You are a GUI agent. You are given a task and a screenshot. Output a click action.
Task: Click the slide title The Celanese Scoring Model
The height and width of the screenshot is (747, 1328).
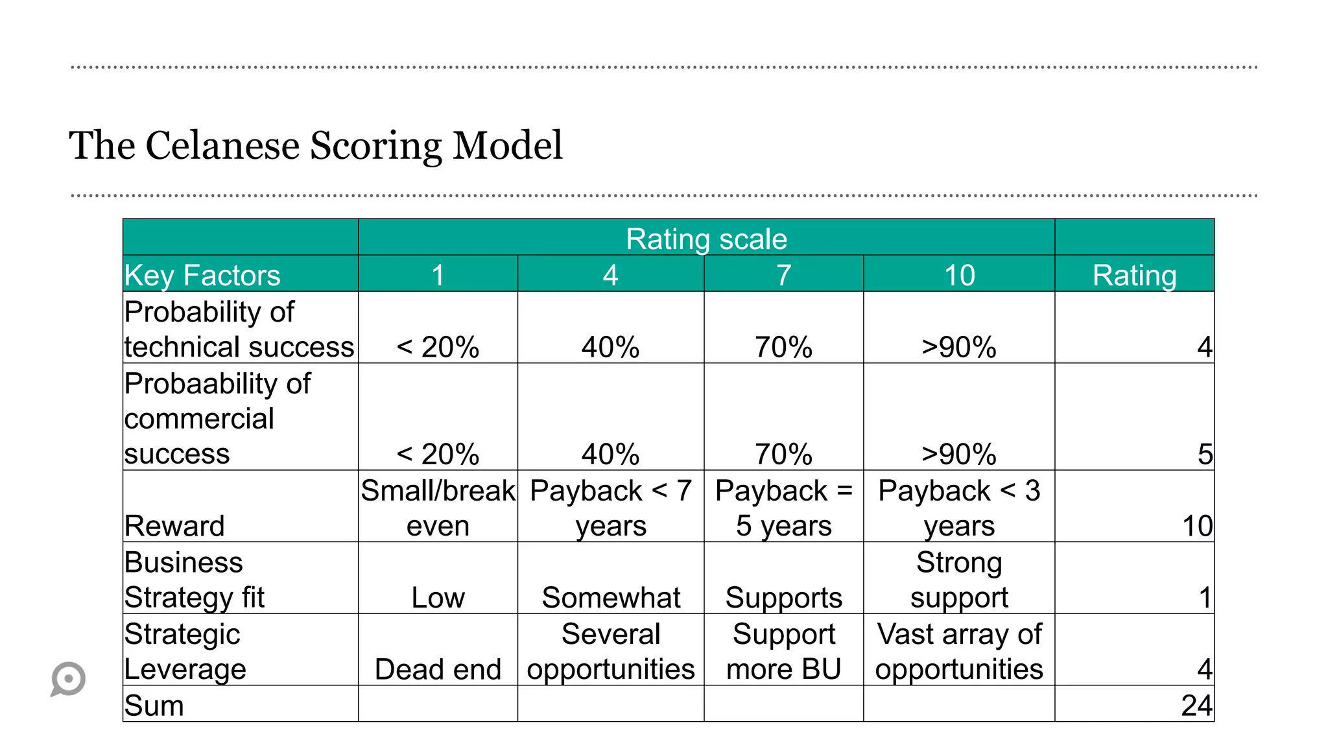(x=316, y=145)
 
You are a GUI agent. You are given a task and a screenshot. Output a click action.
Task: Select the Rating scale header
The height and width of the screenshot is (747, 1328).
(x=706, y=239)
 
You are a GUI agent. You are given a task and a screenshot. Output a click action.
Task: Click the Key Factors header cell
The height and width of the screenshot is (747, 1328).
(x=202, y=275)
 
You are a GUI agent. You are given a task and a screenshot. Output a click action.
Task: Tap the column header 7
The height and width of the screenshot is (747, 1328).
(x=783, y=275)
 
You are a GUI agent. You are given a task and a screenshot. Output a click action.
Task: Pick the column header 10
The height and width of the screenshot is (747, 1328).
(x=959, y=275)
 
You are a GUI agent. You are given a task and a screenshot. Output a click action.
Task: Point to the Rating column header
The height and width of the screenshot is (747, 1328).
(x=1134, y=275)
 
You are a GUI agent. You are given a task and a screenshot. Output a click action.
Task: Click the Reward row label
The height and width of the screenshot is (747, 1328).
(x=174, y=525)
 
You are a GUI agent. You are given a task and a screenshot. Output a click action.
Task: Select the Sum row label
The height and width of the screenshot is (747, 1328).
(x=154, y=705)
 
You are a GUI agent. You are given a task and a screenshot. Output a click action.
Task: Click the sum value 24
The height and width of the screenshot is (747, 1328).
(x=1196, y=705)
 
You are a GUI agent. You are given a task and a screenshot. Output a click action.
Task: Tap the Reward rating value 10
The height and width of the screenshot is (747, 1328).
(x=1197, y=525)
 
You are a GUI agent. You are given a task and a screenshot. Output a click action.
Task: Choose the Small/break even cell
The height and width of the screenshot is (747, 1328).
(x=438, y=508)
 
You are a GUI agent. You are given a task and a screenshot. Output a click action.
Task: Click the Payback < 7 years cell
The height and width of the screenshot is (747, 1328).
(x=611, y=508)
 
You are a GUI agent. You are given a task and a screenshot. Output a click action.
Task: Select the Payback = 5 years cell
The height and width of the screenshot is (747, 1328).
(x=783, y=508)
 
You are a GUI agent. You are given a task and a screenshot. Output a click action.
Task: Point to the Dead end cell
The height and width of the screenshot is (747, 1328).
(x=438, y=669)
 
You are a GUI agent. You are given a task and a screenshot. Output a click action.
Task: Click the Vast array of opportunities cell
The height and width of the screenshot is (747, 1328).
(x=959, y=651)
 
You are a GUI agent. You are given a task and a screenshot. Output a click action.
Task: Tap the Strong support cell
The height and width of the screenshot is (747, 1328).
(x=959, y=580)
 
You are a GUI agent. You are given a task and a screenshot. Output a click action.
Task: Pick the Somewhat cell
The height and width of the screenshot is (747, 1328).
(x=611, y=597)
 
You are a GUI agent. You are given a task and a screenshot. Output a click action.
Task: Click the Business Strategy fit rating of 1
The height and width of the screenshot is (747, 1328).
(x=1205, y=597)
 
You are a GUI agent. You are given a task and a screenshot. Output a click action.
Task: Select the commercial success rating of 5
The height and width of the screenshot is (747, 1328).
(x=1205, y=454)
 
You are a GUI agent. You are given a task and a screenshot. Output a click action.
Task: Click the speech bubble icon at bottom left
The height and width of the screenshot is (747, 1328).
(x=68, y=679)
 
